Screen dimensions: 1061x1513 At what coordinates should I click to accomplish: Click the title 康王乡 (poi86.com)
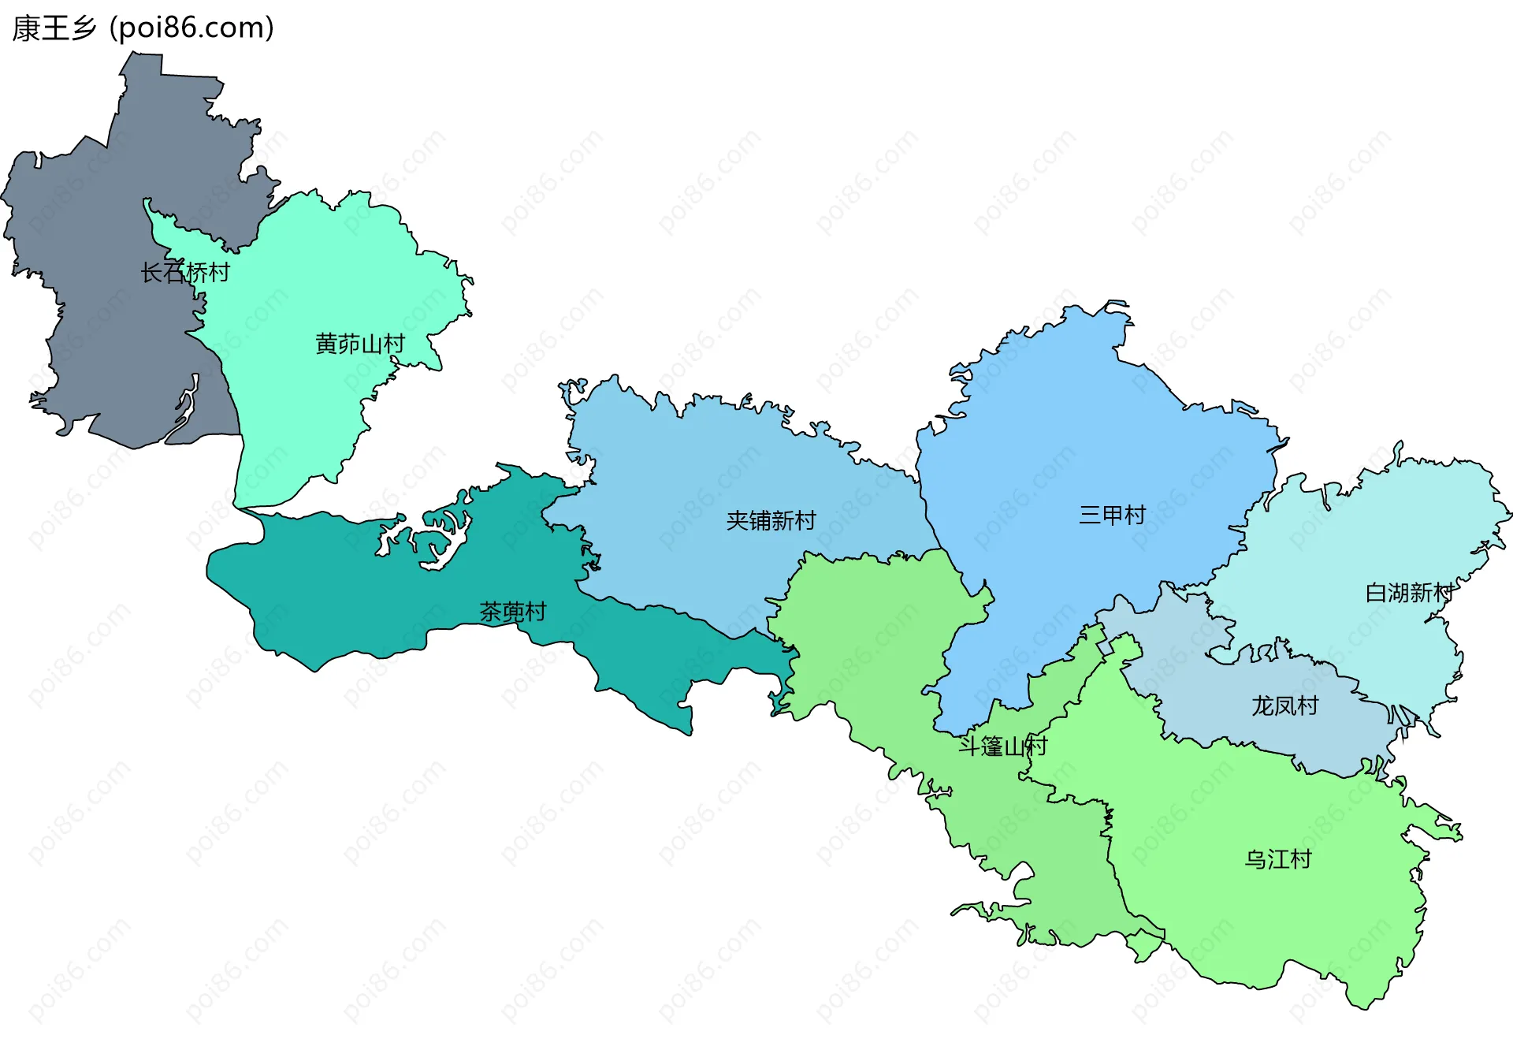[x=143, y=28]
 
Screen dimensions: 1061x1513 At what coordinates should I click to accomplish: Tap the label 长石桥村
[x=185, y=273]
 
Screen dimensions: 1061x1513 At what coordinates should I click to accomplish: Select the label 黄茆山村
[x=360, y=344]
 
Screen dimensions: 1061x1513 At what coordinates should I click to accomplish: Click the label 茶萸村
[x=513, y=612]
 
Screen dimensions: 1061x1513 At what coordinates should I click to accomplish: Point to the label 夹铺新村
[x=771, y=520]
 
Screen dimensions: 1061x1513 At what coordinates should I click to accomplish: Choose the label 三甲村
[x=1112, y=516]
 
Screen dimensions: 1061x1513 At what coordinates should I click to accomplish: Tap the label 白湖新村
[x=1409, y=593]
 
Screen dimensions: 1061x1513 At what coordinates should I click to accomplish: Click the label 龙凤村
[x=1284, y=705]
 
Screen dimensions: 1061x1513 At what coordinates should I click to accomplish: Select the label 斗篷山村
[x=1002, y=746]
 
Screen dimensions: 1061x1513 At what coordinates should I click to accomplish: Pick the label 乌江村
[x=1277, y=859]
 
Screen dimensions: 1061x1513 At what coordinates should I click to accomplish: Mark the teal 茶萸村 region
[x=355, y=599]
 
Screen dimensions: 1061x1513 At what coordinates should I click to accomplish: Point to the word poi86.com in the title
[x=191, y=28]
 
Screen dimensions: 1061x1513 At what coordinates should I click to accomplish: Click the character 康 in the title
[x=26, y=28]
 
